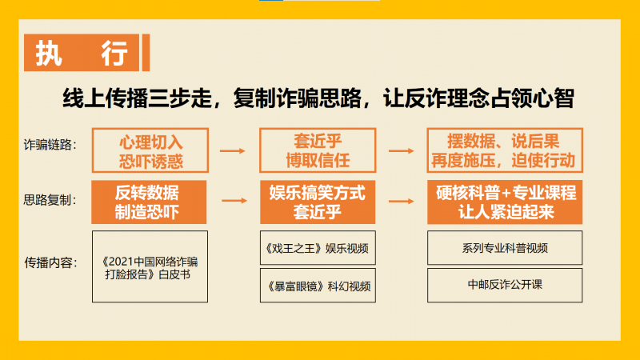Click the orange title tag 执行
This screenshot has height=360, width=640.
point(82,53)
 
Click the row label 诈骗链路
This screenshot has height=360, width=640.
point(50,145)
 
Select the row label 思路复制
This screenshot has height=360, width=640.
point(50,200)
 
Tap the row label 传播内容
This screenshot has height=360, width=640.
point(50,262)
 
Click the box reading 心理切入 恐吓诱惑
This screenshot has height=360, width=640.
point(150,150)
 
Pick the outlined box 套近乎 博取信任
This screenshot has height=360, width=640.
point(318,150)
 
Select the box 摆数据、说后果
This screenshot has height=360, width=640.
point(505,150)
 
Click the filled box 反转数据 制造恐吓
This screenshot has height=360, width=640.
point(149,202)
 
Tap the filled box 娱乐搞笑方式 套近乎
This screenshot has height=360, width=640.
point(318,202)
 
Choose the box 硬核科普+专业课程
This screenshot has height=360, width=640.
point(505,202)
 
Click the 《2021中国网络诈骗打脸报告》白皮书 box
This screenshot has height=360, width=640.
point(150,266)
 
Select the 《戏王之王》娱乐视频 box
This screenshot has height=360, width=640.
point(318,248)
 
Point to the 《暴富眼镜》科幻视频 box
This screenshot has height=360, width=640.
point(318,286)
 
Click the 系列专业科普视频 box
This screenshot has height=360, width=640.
point(505,248)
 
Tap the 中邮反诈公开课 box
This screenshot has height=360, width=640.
point(505,286)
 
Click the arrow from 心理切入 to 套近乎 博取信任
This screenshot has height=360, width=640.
point(233,151)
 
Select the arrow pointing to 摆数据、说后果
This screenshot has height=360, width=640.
point(402,151)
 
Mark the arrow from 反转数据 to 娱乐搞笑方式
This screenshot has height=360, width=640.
point(234,201)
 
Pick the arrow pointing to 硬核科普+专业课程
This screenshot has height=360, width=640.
point(402,202)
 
